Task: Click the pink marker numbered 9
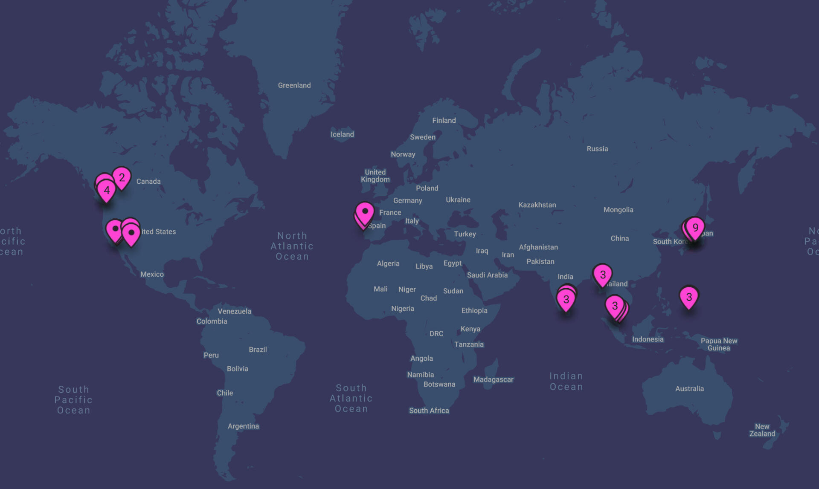[x=695, y=228]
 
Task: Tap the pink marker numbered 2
[x=122, y=177]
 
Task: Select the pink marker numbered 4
[x=107, y=190]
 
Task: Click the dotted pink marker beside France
[x=365, y=212]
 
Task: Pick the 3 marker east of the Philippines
[x=689, y=297]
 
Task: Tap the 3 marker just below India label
[x=566, y=299]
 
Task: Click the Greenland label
[x=294, y=85]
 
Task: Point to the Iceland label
[x=342, y=134]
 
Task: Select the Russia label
[x=597, y=149]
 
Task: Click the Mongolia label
[x=618, y=210]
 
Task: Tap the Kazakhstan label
[x=537, y=205]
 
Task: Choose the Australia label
[x=689, y=389]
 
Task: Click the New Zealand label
[x=762, y=430]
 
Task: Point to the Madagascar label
[x=493, y=379]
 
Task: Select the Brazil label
[x=258, y=350]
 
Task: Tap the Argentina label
[x=243, y=426]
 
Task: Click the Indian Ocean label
[x=566, y=381]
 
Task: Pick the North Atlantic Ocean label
[x=292, y=246]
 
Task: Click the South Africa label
[x=429, y=411]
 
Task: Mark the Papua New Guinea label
[x=719, y=344]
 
